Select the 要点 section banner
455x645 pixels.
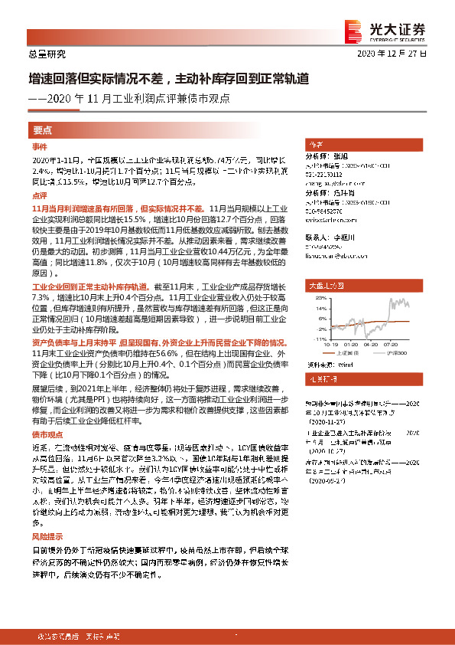point(43,131)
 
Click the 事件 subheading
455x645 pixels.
point(39,146)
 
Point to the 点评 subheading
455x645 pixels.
point(39,197)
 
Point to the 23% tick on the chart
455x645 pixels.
point(321,298)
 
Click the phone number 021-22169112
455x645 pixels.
point(324,173)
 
